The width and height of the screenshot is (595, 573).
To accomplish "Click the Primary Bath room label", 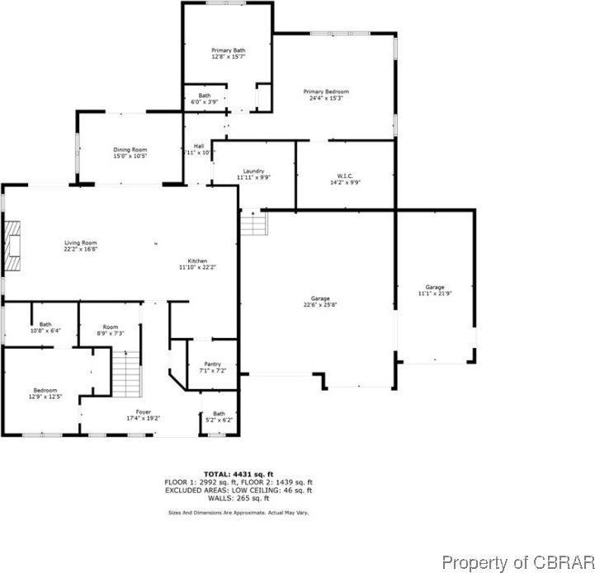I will [x=228, y=54].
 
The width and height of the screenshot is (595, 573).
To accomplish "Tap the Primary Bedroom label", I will [x=326, y=95].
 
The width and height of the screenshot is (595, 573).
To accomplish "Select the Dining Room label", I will [x=130, y=153].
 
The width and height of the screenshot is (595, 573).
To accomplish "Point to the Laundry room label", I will [x=253, y=174].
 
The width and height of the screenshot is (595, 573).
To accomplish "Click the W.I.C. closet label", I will [x=345, y=179].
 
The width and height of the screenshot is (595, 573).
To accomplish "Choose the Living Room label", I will [x=81, y=246].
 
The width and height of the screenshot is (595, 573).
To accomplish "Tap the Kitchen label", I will [x=197, y=264].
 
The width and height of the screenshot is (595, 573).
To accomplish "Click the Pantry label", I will [x=212, y=368].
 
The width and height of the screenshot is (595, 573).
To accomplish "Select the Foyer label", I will [x=144, y=415].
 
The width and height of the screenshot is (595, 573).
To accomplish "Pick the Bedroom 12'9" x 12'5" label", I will [x=45, y=393].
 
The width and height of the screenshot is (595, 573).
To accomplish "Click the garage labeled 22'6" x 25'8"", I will [x=320, y=301].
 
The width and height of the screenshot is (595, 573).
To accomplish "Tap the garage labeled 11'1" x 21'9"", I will [x=435, y=289].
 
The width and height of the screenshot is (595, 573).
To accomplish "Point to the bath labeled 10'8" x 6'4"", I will [x=45, y=327].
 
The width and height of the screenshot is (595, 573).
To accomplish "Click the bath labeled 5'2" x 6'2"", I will [x=219, y=416].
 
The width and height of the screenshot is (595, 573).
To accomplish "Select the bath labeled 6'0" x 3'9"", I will [x=204, y=98].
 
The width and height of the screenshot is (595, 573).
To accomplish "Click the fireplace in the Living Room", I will [x=12, y=245].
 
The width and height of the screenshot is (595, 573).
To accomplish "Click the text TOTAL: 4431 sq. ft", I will [x=239, y=474].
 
